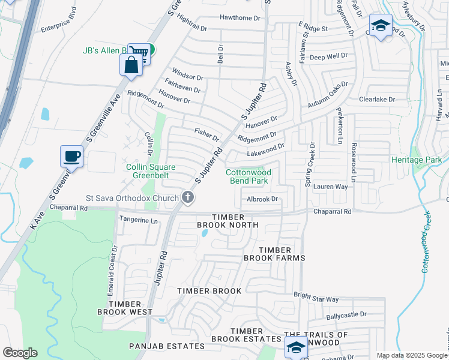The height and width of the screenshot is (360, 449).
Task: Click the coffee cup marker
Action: pyautogui.click(x=71, y=157)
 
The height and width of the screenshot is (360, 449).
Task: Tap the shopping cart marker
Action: pyautogui.click(x=139, y=52)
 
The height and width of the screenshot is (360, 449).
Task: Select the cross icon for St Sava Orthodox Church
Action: pyautogui.click(x=188, y=197)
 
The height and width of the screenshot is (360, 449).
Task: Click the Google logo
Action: pyautogui.click(x=20, y=353)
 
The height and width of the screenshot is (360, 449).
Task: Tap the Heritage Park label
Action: pyautogui.click(x=416, y=160)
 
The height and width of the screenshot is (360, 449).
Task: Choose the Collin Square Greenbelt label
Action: pyautogui.click(x=147, y=171)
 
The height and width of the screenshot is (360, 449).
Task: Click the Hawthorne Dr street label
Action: pyautogui.click(x=240, y=18)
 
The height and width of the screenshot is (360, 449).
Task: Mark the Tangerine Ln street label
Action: pyautogui.click(x=138, y=220)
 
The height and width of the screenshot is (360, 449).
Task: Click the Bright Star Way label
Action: pyautogui.click(x=316, y=299)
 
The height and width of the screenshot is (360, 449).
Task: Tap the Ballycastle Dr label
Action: pyautogui.click(x=346, y=314)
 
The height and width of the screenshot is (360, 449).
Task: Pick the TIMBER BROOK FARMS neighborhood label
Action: pyautogui.click(x=274, y=254)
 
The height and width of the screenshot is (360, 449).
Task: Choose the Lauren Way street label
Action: pyautogui.click(x=330, y=187)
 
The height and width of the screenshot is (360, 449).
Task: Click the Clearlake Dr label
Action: pyautogui.click(x=377, y=99)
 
